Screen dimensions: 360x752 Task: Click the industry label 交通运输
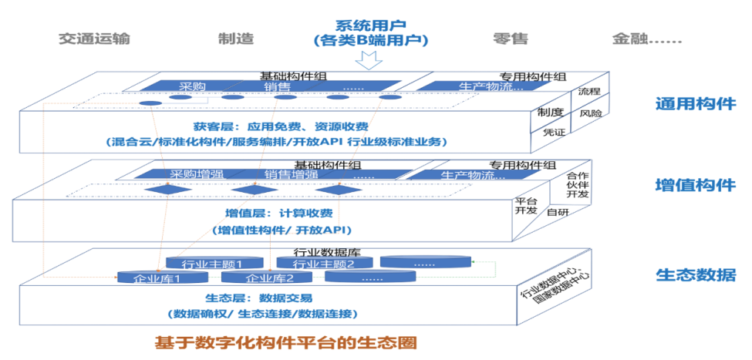94,39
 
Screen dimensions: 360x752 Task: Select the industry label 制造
233,39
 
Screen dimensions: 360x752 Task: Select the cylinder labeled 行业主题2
323,264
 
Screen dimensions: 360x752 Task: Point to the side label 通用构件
695,104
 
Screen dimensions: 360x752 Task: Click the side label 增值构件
695,185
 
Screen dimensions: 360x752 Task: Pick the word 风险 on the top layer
592,113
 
